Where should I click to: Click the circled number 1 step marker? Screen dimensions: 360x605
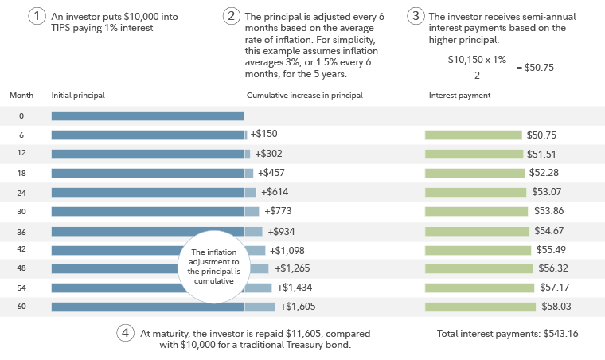(x=36, y=17)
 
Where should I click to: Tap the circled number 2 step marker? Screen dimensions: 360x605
(x=232, y=17)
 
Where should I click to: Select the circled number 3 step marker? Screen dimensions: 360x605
(x=415, y=17)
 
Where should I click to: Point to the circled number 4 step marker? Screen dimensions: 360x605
(x=124, y=334)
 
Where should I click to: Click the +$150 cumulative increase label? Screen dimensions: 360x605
(x=263, y=134)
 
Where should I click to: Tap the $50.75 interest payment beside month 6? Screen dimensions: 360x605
(x=541, y=135)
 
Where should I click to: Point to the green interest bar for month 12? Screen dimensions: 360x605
(x=474, y=154)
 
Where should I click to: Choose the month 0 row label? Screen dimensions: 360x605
(x=21, y=115)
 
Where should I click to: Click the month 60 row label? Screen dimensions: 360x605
(x=21, y=307)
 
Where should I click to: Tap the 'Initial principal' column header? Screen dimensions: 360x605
(x=78, y=95)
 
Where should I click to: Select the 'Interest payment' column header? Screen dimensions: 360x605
(x=459, y=95)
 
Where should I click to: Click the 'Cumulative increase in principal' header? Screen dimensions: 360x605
(x=304, y=95)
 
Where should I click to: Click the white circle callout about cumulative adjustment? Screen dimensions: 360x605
(x=213, y=267)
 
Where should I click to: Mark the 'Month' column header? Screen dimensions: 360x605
(x=21, y=95)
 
